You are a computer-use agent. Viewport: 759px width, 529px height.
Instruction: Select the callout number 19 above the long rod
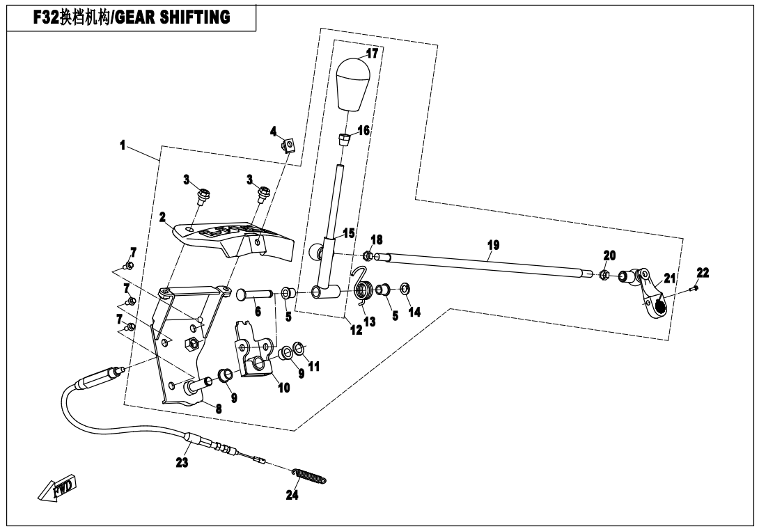493,246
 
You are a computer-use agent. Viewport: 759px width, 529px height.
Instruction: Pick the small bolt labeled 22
694,286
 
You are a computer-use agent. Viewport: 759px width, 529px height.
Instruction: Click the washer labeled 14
405,288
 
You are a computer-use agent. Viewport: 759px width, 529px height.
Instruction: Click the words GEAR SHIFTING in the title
173,17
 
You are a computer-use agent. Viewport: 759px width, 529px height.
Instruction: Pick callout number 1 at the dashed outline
122,146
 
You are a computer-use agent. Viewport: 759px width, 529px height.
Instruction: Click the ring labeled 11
298,347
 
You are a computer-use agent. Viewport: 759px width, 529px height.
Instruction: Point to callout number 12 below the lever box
356,330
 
